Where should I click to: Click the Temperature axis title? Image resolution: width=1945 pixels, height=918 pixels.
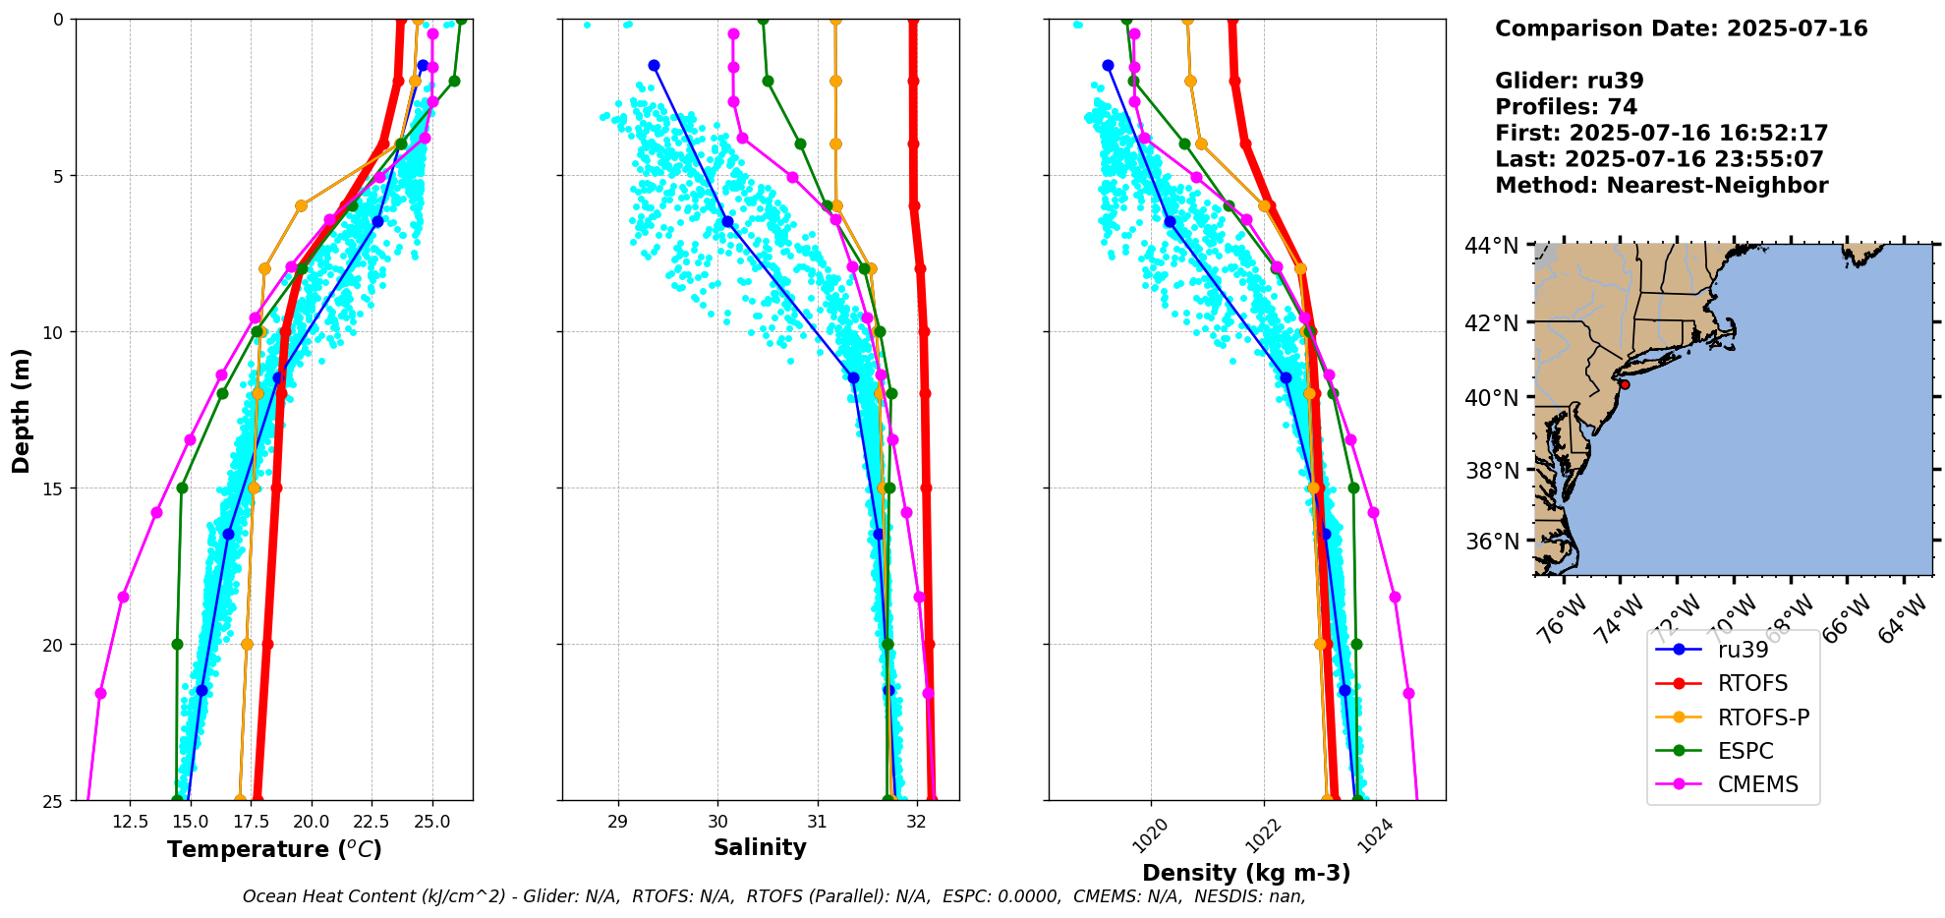(x=274, y=849)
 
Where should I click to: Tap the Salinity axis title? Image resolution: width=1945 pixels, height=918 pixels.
(x=760, y=847)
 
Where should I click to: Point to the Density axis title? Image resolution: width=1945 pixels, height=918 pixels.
(x=1246, y=873)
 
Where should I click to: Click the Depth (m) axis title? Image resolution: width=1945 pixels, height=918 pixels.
(x=22, y=410)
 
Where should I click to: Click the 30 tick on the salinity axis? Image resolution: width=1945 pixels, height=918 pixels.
(x=717, y=822)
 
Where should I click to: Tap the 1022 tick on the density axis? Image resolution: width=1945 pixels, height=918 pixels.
(x=1262, y=834)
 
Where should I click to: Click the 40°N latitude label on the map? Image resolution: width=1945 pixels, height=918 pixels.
(x=1492, y=397)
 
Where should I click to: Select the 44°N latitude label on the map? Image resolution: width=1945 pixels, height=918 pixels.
(x=1492, y=245)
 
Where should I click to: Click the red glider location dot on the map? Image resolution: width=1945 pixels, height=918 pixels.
(x=1625, y=384)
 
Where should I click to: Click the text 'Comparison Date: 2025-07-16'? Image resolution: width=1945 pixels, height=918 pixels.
(x=1681, y=29)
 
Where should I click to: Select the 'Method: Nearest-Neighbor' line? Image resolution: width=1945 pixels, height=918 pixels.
(x=1661, y=185)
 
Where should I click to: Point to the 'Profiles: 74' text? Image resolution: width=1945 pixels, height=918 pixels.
(x=1566, y=106)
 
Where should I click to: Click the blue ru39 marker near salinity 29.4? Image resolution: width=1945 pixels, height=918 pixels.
(x=654, y=65)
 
